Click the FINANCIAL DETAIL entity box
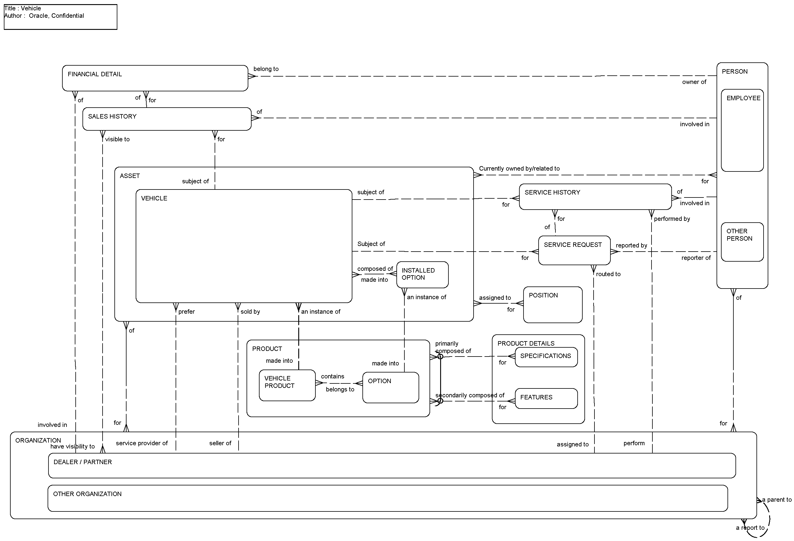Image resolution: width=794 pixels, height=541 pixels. [x=155, y=78]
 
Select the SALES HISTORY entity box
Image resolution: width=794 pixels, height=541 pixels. [x=167, y=119]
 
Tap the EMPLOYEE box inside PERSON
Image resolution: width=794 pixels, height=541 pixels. [x=742, y=130]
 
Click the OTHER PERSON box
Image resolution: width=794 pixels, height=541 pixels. [x=742, y=242]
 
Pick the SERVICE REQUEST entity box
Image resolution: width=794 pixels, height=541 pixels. [x=574, y=250]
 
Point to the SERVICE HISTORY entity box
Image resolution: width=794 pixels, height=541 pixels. [x=595, y=197]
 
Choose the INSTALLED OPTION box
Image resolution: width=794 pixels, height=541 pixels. [x=422, y=274]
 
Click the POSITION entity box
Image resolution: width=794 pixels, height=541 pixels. [x=552, y=304]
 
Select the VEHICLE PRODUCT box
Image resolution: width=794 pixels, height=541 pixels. [x=287, y=385]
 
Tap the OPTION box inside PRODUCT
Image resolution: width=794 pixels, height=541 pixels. [x=390, y=388]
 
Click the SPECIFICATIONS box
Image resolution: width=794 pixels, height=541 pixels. [x=546, y=357]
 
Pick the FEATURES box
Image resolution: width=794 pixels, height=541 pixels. [x=546, y=398]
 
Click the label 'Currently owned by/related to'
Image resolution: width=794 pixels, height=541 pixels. [x=519, y=169]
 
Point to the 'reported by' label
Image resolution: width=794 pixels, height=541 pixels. [x=631, y=245]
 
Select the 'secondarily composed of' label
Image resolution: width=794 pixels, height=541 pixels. [x=470, y=396]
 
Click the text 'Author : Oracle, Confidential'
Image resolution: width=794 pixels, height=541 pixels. [x=44, y=16]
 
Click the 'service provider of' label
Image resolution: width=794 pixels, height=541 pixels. [x=141, y=443]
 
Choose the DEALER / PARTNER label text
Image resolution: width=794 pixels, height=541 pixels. [x=83, y=462]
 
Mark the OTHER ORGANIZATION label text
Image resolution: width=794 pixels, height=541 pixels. [x=87, y=494]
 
